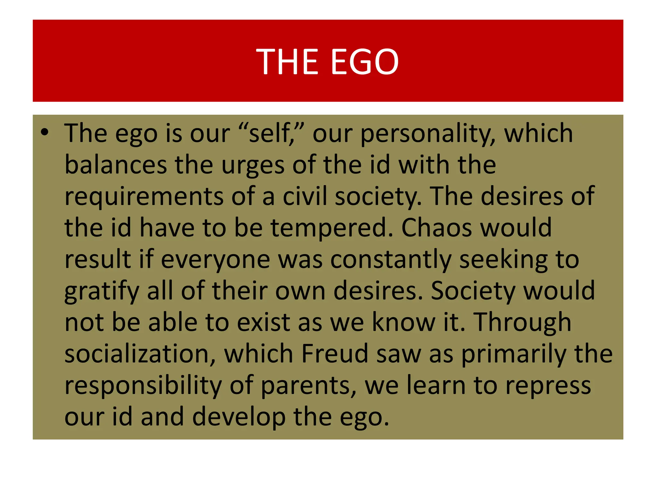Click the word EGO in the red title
point(365,61)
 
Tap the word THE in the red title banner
point(287,61)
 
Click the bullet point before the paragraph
point(45,132)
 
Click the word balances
point(116,165)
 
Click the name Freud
point(335,354)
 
